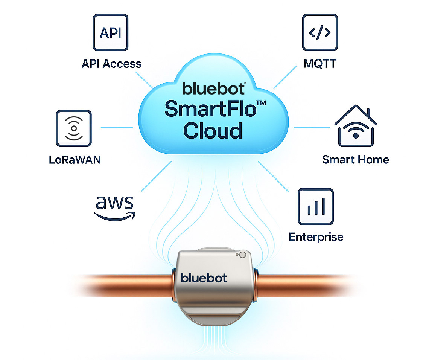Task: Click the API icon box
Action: coord(111,33)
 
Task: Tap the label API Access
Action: coord(111,63)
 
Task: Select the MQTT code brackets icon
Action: coord(319,33)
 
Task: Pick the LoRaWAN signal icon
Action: coord(73,128)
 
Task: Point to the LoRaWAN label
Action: coord(75,159)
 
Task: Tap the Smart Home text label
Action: coord(355,159)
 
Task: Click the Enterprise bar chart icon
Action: coord(315,206)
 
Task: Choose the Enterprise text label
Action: coord(316,237)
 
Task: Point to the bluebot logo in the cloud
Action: coord(213,88)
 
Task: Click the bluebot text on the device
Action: coord(204,278)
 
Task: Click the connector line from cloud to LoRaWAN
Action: coord(117,128)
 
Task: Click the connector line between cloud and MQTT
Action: coord(286,76)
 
